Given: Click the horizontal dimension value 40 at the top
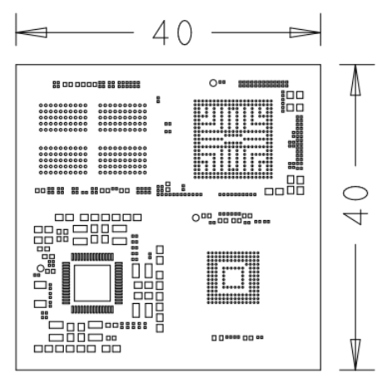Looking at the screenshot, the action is pos(172,32).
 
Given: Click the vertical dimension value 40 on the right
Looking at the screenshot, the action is pos(355,205).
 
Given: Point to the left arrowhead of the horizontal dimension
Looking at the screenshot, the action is pos(32,32).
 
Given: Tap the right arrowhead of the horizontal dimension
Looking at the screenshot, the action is pos(305,32).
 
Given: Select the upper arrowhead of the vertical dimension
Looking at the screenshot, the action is pos(355,81).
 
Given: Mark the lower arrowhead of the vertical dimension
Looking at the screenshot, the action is pos(355,355).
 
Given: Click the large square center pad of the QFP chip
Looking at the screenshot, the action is pos(92,283).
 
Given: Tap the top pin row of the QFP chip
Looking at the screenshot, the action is pos(92,257).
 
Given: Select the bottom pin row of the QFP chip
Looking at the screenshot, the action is pos(92,309).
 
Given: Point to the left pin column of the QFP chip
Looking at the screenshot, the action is pos(66,283).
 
